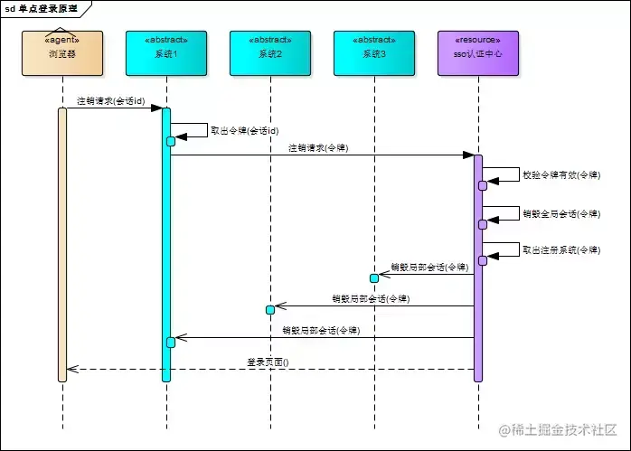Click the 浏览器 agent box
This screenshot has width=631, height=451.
[62, 53]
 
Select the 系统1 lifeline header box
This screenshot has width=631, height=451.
[166, 53]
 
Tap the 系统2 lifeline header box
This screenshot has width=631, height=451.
[270, 53]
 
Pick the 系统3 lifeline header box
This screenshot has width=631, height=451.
[373, 53]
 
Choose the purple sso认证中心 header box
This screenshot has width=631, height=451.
[478, 53]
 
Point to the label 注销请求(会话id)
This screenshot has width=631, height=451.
[110, 101]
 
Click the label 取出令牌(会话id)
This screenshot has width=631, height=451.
[244, 130]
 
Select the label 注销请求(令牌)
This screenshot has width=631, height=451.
[318, 147]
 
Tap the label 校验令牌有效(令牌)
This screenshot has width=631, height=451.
[560, 174]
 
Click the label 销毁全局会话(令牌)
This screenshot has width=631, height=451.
[560, 214]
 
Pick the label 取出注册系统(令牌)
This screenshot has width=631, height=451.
[560, 250]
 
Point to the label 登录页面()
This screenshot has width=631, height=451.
[268, 362]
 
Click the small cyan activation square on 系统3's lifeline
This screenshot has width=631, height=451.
[373, 277]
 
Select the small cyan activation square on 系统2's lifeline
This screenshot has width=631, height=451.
[270, 310]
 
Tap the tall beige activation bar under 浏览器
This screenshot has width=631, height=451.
[62, 244]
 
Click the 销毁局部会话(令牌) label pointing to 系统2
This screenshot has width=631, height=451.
[370, 298]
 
